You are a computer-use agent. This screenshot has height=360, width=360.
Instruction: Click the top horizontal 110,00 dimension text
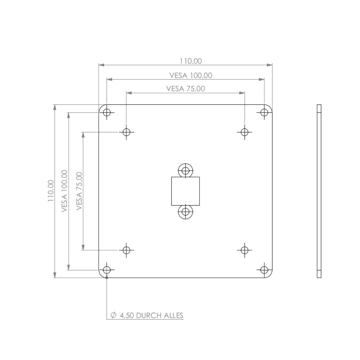(x=191, y=61)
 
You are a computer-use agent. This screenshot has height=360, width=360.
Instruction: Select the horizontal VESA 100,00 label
(x=191, y=75)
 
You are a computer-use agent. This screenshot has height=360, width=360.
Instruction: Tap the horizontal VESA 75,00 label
(x=186, y=89)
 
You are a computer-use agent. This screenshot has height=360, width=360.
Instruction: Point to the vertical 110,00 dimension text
(x=51, y=191)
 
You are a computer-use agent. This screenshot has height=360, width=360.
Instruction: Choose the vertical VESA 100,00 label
(x=65, y=191)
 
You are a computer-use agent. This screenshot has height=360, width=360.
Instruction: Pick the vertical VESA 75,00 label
(x=79, y=191)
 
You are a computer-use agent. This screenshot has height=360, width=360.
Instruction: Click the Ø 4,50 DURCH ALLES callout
(x=147, y=315)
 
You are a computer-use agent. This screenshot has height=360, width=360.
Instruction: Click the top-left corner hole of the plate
(x=107, y=112)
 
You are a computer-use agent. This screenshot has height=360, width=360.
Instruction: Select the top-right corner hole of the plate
(x=264, y=112)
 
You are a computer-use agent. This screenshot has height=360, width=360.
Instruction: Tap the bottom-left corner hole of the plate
(x=107, y=270)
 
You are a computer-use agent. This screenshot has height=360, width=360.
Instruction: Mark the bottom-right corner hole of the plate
(x=264, y=270)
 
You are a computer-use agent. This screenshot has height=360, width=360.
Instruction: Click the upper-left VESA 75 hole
(x=126, y=132)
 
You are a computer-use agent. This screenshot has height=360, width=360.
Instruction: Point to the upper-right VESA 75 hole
(x=244, y=132)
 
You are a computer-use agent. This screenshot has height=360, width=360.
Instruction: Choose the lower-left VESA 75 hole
(x=126, y=250)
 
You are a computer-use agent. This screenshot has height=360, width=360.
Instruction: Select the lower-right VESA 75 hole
(x=244, y=250)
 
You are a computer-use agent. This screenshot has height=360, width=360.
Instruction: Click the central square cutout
(x=185, y=191)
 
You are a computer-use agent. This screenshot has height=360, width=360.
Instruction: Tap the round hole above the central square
(x=185, y=171)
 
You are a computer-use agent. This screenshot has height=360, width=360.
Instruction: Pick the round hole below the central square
(x=185, y=212)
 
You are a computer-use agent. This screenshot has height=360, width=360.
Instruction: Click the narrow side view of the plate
(x=319, y=191)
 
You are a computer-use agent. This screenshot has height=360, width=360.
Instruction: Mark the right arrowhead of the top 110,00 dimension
(x=270, y=65)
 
